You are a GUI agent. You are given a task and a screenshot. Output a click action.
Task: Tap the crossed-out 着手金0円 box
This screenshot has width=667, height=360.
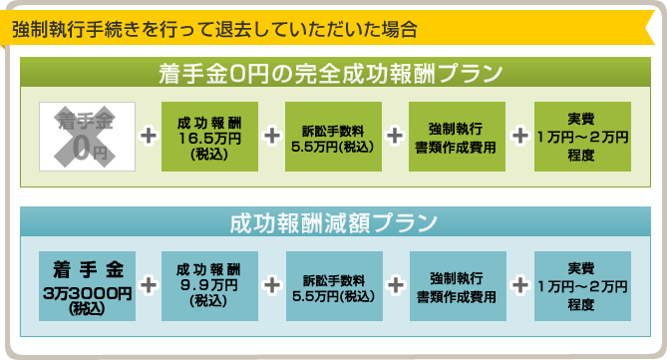(x=86, y=137)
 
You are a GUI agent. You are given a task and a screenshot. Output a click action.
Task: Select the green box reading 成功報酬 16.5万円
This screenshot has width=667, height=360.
(x=209, y=137)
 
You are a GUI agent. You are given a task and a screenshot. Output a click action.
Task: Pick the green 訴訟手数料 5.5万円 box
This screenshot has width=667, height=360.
(x=333, y=137)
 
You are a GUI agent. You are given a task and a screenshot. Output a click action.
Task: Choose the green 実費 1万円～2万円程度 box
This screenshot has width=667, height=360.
(x=581, y=137)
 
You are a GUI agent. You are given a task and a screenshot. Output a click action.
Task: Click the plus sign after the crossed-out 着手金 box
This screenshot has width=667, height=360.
(x=148, y=137)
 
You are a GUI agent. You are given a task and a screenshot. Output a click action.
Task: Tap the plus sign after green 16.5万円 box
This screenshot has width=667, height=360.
(x=271, y=137)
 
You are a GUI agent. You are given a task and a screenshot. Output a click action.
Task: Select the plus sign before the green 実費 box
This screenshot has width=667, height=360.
(x=519, y=137)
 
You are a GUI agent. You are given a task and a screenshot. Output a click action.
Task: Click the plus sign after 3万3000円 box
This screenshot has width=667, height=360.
(x=149, y=285)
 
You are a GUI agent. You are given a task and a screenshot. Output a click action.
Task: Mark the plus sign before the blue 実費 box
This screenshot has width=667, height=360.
(x=519, y=285)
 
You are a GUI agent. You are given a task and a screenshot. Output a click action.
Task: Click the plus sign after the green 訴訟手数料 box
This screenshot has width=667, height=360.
(x=395, y=137)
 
